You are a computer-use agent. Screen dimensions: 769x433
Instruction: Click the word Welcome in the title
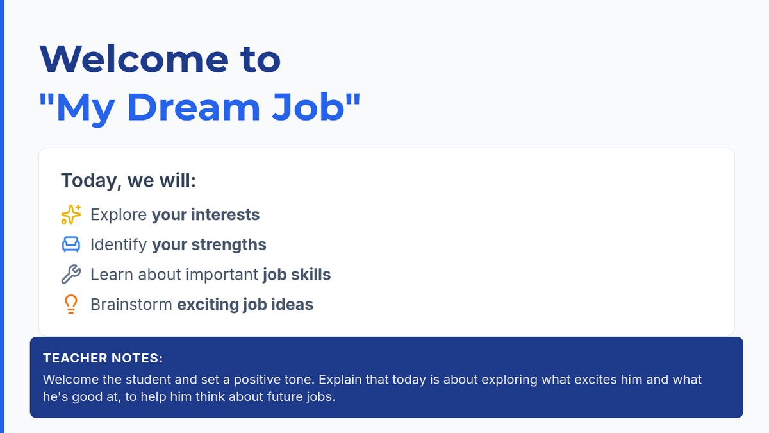[x=134, y=59]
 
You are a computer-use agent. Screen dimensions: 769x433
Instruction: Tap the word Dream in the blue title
[x=194, y=107]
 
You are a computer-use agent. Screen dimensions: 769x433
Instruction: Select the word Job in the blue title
[x=308, y=107]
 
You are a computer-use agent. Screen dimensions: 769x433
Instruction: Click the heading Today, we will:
[x=128, y=180]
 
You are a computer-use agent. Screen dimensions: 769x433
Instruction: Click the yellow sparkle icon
[x=71, y=214]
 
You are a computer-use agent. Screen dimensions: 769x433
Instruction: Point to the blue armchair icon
[x=71, y=244]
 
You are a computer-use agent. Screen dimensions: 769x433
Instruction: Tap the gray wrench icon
[x=71, y=275]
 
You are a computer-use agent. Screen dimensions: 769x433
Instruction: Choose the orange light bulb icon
[x=71, y=304]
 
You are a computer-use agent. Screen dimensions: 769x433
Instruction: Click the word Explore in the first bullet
[x=119, y=215]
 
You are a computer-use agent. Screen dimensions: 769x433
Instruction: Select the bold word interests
[x=225, y=214]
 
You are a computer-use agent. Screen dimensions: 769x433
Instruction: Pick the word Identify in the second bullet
[x=119, y=245]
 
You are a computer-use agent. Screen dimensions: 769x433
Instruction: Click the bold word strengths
[x=229, y=244]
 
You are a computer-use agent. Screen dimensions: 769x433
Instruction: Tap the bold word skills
[x=311, y=275]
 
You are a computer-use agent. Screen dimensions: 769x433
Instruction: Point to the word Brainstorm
[x=131, y=305]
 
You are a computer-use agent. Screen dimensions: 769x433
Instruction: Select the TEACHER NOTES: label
[x=103, y=358]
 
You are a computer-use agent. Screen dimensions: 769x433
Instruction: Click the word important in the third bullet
[x=222, y=275]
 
